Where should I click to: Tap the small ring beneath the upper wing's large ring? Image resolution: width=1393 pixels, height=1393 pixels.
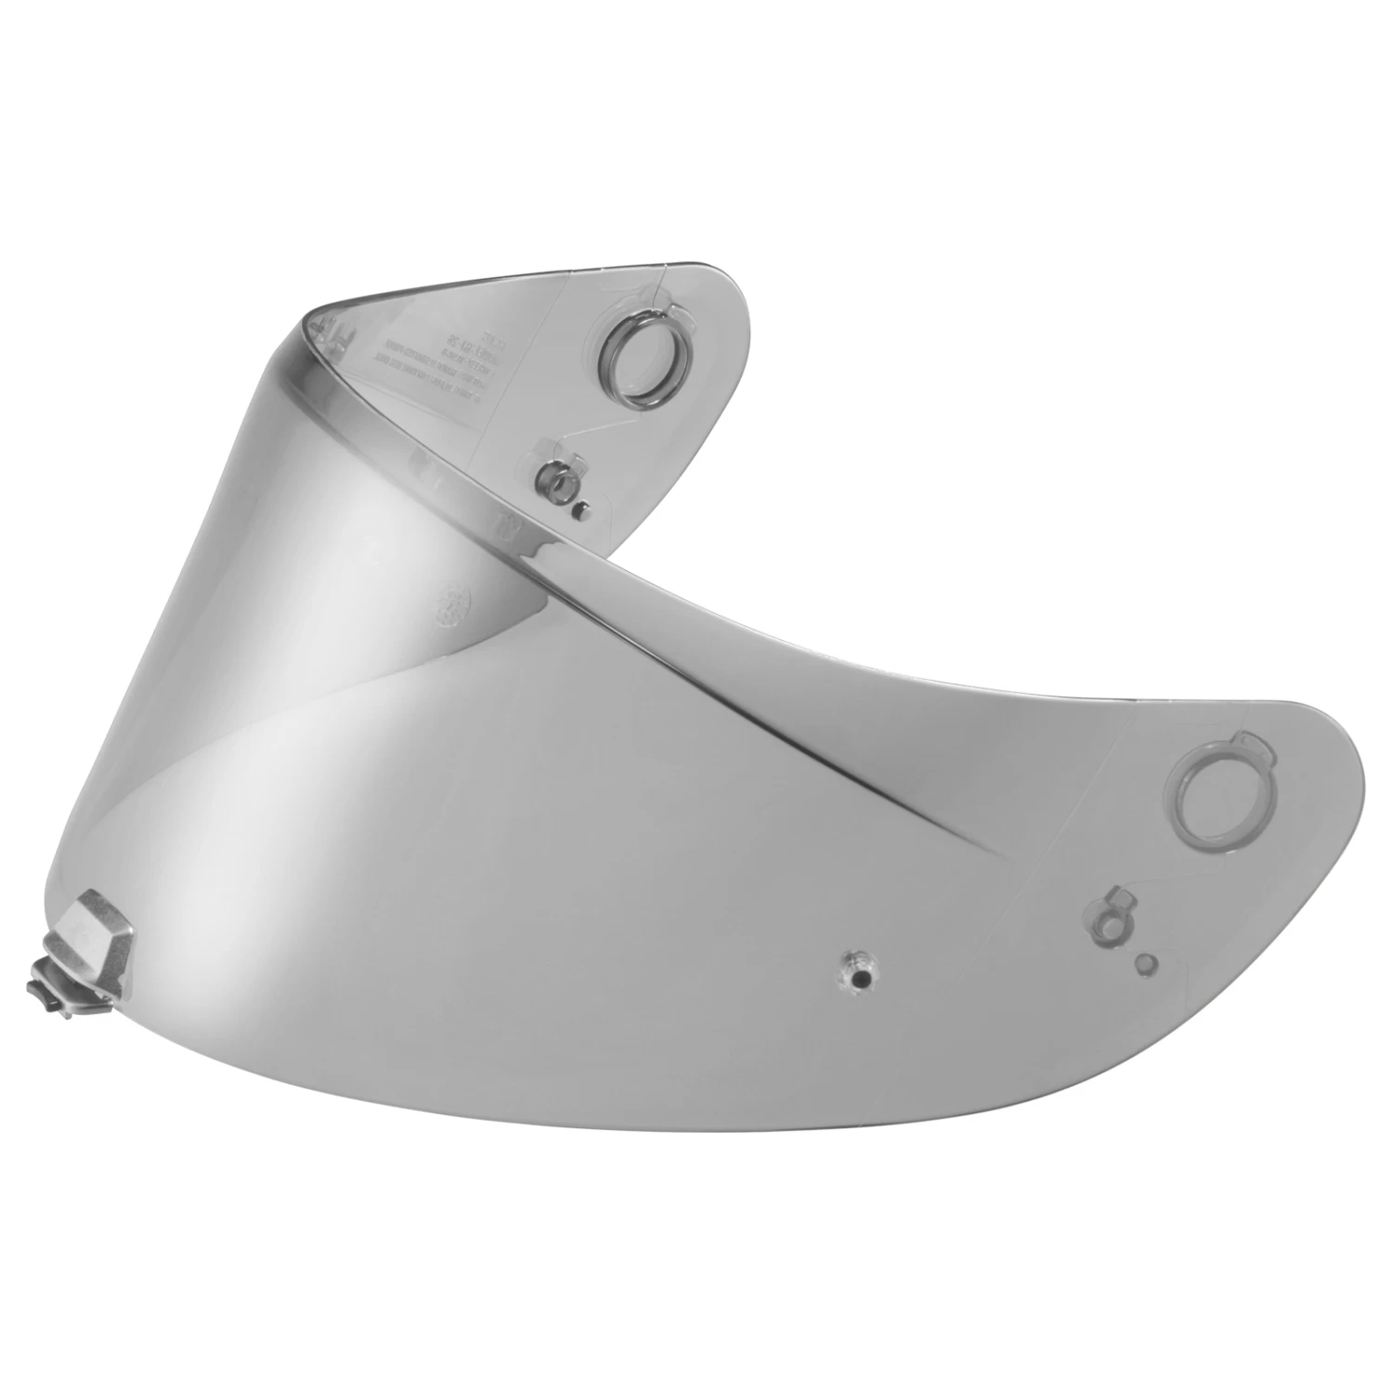point(558,483)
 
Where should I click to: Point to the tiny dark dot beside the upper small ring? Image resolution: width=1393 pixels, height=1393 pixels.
point(582,509)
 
